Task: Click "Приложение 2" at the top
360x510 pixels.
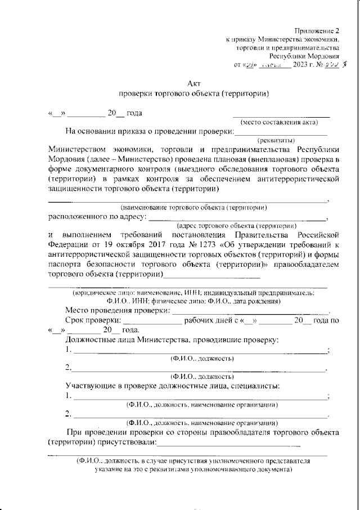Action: click(x=317, y=31)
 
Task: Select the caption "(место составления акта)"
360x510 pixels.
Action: click(x=279, y=122)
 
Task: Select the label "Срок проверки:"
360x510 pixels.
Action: click(x=93, y=320)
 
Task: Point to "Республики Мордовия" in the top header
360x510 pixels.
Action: click(x=304, y=56)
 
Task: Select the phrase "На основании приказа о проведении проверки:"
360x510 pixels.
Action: click(x=148, y=132)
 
